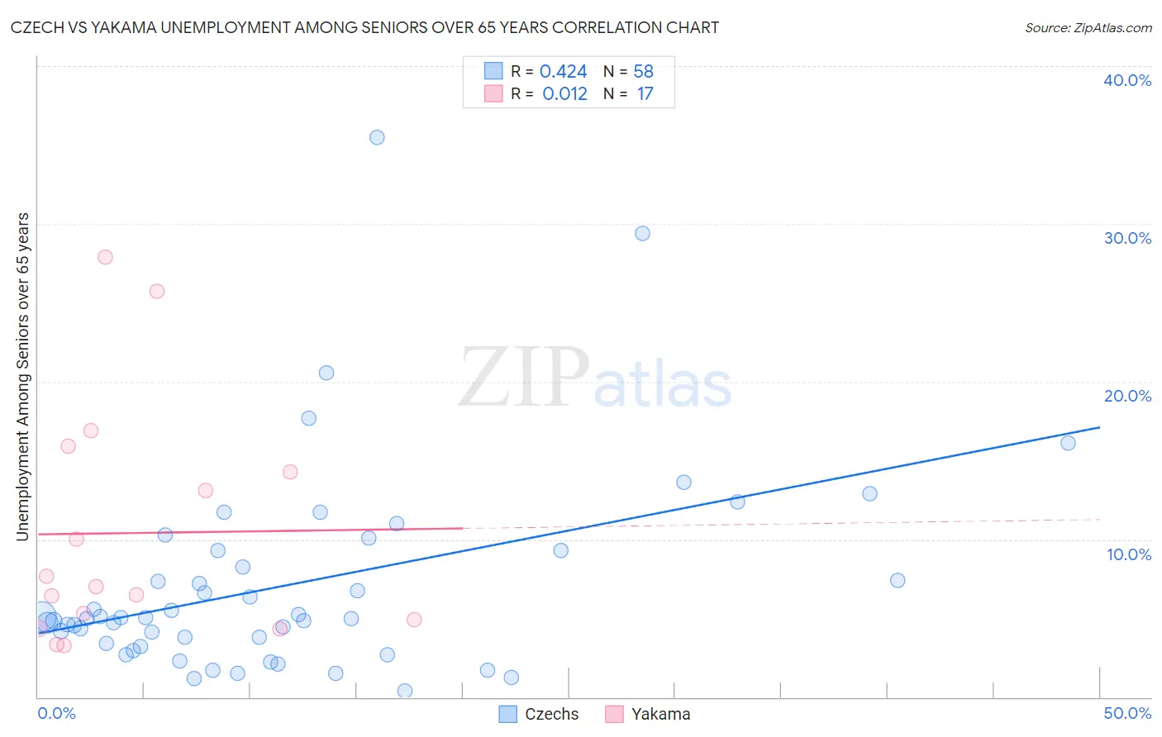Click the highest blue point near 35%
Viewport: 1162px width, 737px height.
(x=377, y=137)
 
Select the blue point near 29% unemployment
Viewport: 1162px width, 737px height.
(x=642, y=233)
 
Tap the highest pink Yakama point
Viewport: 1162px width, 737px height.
(x=105, y=257)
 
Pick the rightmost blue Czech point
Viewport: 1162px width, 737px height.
(x=1068, y=443)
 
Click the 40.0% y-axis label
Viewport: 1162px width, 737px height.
(x=1127, y=80)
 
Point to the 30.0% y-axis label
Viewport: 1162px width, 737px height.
(x=1127, y=238)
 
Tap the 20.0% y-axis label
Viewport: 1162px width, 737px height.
(x=1127, y=396)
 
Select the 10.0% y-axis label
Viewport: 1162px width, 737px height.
(x=1127, y=554)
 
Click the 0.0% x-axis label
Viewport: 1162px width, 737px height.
(x=56, y=713)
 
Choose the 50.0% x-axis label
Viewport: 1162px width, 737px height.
(x=1127, y=713)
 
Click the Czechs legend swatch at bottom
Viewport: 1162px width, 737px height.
(x=508, y=714)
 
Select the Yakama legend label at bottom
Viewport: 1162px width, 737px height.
(x=660, y=714)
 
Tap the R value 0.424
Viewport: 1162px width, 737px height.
(x=563, y=72)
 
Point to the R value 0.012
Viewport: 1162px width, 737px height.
(x=564, y=93)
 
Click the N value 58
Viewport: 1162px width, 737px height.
(x=643, y=72)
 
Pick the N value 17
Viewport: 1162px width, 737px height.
(x=645, y=93)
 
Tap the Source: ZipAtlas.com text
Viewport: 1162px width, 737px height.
(x=1088, y=27)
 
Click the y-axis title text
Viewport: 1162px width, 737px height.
(x=22, y=377)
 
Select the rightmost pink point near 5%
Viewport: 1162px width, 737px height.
(x=414, y=620)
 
